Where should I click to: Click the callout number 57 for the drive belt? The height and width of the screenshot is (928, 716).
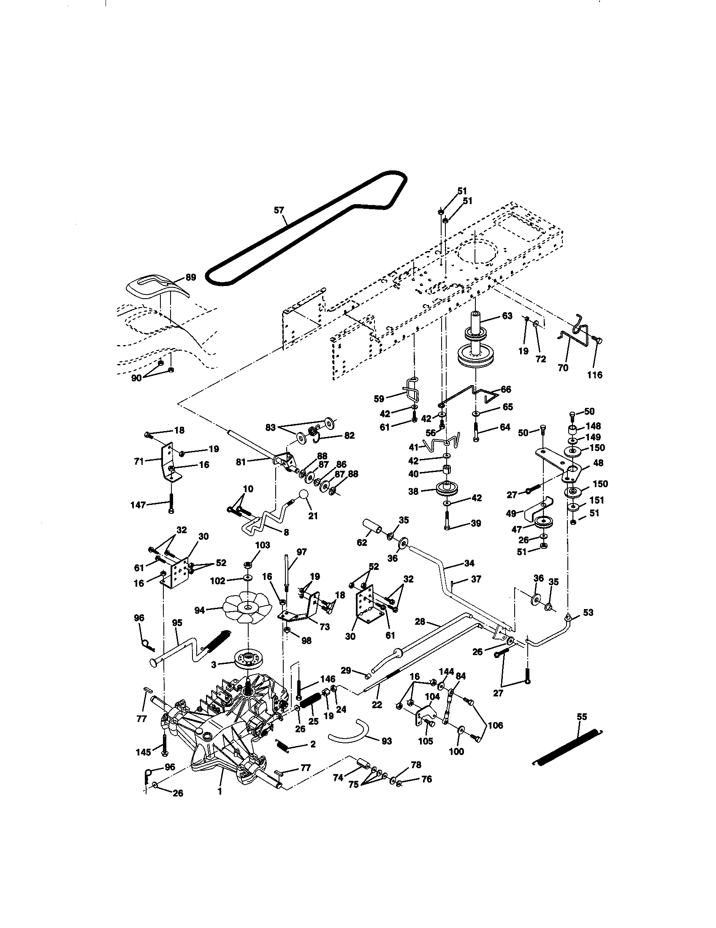click(279, 210)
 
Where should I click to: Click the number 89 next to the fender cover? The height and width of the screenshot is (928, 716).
click(190, 278)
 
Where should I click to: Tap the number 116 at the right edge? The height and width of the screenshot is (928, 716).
click(594, 375)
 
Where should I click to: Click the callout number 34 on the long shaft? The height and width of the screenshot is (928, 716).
click(469, 564)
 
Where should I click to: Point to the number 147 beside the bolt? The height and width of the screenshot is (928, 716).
click(138, 505)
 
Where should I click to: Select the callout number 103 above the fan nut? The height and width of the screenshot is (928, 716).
click(262, 545)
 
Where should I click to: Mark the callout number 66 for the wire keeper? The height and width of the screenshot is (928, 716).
click(506, 389)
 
